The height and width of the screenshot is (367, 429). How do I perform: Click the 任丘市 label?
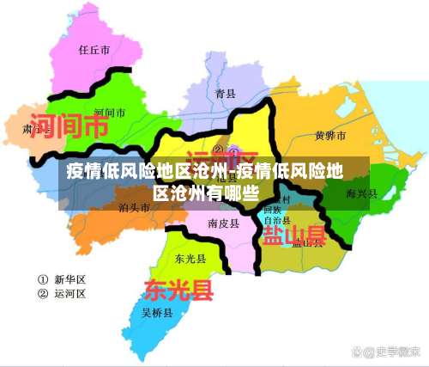click(x=94, y=50)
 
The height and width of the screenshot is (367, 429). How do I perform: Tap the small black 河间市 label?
click(x=109, y=113)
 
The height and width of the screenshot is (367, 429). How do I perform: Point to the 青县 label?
click(x=226, y=93)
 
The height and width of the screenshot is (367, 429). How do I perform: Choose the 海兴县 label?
click(x=362, y=194)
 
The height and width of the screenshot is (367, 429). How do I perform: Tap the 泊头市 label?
click(x=135, y=207)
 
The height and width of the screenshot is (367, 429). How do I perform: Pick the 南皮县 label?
click(x=222, y=223)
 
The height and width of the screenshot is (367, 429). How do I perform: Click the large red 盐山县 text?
click(x=293, y=235)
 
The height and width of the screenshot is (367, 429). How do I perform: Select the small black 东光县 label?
click(x=190, y=258)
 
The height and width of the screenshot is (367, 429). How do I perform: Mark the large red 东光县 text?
click(x=178, y=289)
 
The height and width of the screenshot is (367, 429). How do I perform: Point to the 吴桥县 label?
click(x=158, y=311)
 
